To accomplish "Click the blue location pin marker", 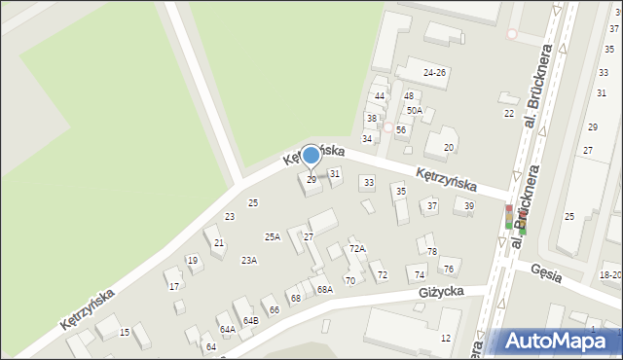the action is [311, 156].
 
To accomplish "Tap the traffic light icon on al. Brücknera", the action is [508, 218].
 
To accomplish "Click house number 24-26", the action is [434, 73].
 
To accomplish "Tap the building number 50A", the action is [415, 111].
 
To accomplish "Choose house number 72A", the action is [357, 249].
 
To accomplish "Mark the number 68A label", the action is [324, 289].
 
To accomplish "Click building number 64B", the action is [250, 320].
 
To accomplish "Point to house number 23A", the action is [249, 260].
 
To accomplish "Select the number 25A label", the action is [273, 236].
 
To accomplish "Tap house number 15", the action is [125, 333].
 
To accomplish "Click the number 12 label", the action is [445, 338].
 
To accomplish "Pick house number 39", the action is [469, 205].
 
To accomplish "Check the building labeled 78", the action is [431, 252].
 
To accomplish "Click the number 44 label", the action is [380, 95].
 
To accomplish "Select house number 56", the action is [400, 129].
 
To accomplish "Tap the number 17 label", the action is [174, 286].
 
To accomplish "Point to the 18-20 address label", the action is [610, 275].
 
